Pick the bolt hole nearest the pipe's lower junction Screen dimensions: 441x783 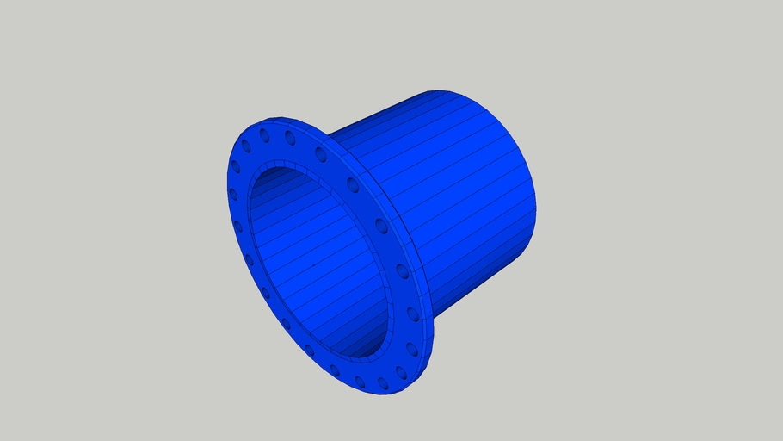(413, 314)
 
